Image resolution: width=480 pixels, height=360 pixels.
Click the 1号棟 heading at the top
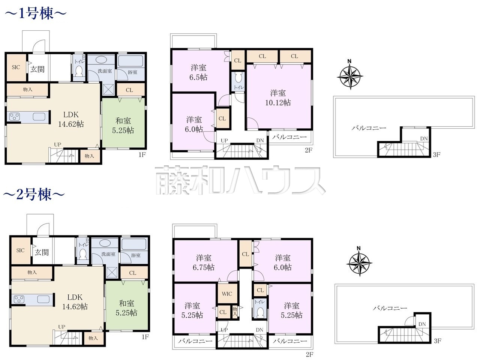click(35, 13)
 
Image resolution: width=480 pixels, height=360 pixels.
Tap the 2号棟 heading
click(34, 194)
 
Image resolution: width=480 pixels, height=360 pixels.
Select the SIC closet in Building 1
click(16, 67)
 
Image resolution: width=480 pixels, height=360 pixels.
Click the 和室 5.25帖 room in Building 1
click(123, 123)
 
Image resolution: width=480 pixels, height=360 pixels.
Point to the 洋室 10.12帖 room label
click(278, 98)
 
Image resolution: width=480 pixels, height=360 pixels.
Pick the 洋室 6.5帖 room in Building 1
click(198, 72)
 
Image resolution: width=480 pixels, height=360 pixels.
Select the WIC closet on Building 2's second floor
click(227, 294)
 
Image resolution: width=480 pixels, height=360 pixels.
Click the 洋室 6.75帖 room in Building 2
click(204, 262)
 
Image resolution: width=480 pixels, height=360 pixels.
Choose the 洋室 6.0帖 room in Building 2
click(283, 262)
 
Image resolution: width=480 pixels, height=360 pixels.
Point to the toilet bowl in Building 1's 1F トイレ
click(79, 70)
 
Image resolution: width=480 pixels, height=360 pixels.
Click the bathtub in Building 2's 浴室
click(133, 244)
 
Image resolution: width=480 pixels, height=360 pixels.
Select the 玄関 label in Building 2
click(42, 252)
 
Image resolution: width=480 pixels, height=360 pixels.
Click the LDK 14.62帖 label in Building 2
click(75, 302)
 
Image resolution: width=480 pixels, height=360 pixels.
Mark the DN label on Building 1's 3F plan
click(424, 139)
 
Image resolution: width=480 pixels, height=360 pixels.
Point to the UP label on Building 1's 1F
click(57, 144)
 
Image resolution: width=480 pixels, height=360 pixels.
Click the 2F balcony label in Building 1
click(289, 137)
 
